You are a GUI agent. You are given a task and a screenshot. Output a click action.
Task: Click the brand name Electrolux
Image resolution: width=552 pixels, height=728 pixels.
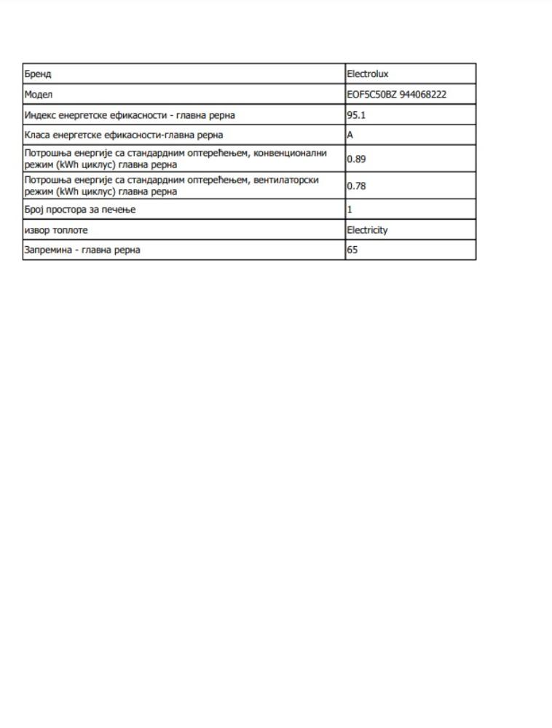pos(368,74)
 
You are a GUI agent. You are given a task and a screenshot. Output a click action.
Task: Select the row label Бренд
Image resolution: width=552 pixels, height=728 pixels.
pos(38,74)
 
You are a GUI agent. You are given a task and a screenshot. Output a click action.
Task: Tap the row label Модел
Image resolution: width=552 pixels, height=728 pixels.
pos(39,95)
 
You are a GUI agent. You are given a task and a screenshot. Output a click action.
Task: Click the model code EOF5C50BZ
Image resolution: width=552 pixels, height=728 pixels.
pos(371,95)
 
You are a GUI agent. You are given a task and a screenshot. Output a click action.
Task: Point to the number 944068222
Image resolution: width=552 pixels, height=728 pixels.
pos(423,95)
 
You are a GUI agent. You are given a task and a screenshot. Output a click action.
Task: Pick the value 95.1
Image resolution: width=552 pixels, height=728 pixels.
pos(356,115)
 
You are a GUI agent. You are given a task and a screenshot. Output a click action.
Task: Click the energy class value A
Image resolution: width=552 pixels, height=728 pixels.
pos(350,135)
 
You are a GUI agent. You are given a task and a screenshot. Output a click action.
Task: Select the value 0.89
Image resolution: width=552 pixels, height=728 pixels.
pos(356,159)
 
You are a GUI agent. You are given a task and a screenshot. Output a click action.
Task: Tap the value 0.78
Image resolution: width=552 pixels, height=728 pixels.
pos(356,186)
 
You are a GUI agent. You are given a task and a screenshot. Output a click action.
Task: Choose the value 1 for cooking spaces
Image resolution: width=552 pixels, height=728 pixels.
pos(350,210)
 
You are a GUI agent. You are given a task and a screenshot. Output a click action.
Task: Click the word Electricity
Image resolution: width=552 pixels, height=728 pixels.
pos(367,230)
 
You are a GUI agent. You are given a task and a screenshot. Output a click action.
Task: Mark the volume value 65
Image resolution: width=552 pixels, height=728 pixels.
pos(352,250)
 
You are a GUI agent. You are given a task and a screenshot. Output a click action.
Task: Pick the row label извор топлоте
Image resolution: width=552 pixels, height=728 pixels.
pos(56,230)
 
